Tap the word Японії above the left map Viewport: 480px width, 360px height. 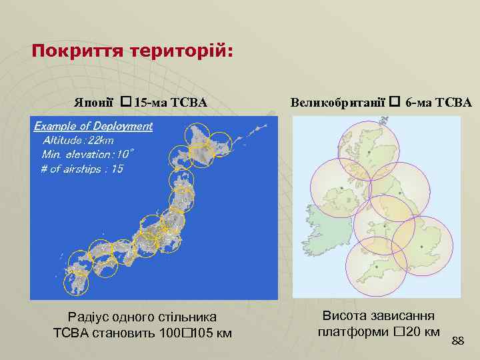tap(96, 103)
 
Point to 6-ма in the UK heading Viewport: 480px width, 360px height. tap(420, 103)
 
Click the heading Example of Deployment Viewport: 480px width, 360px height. tap(93, 126)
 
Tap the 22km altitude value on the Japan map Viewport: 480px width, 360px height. tap(100, 140)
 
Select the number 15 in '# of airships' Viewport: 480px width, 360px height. tap(117, 169)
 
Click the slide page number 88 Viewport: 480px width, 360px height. tap(457, 341)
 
